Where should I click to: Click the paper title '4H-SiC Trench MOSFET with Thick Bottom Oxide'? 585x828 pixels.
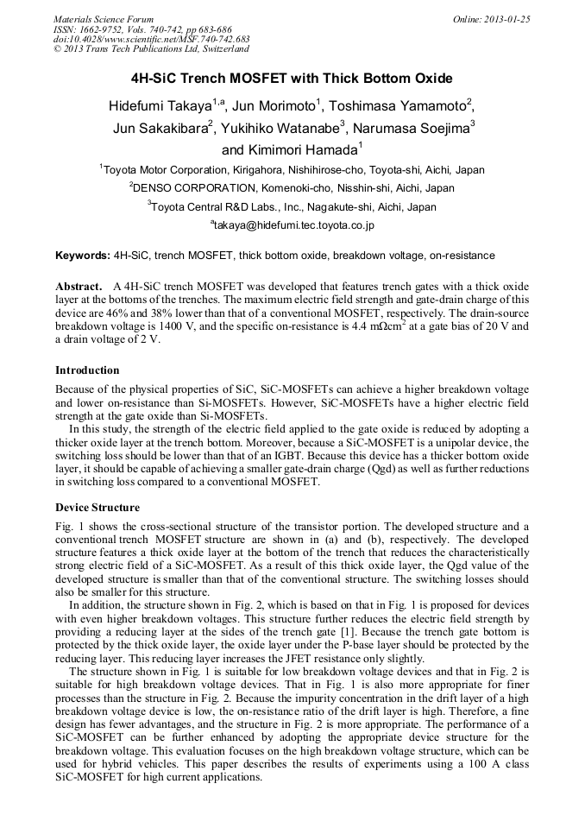292,79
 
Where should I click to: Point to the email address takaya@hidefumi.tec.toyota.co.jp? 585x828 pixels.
292,225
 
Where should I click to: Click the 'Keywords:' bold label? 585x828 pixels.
83,256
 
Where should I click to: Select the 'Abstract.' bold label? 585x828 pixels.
80,286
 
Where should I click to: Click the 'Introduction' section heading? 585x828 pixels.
87,370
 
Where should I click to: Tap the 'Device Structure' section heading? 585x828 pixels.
97,507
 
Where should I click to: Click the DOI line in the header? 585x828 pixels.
151,40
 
